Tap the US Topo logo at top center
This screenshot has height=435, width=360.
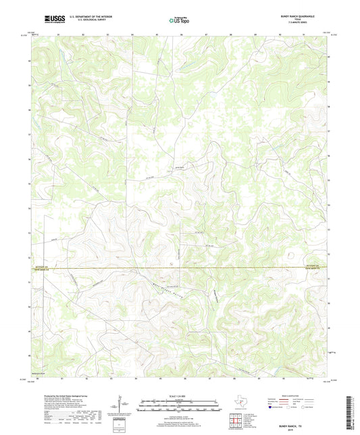pos(180,21)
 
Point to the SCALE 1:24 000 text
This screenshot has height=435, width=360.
pos(180,396)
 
